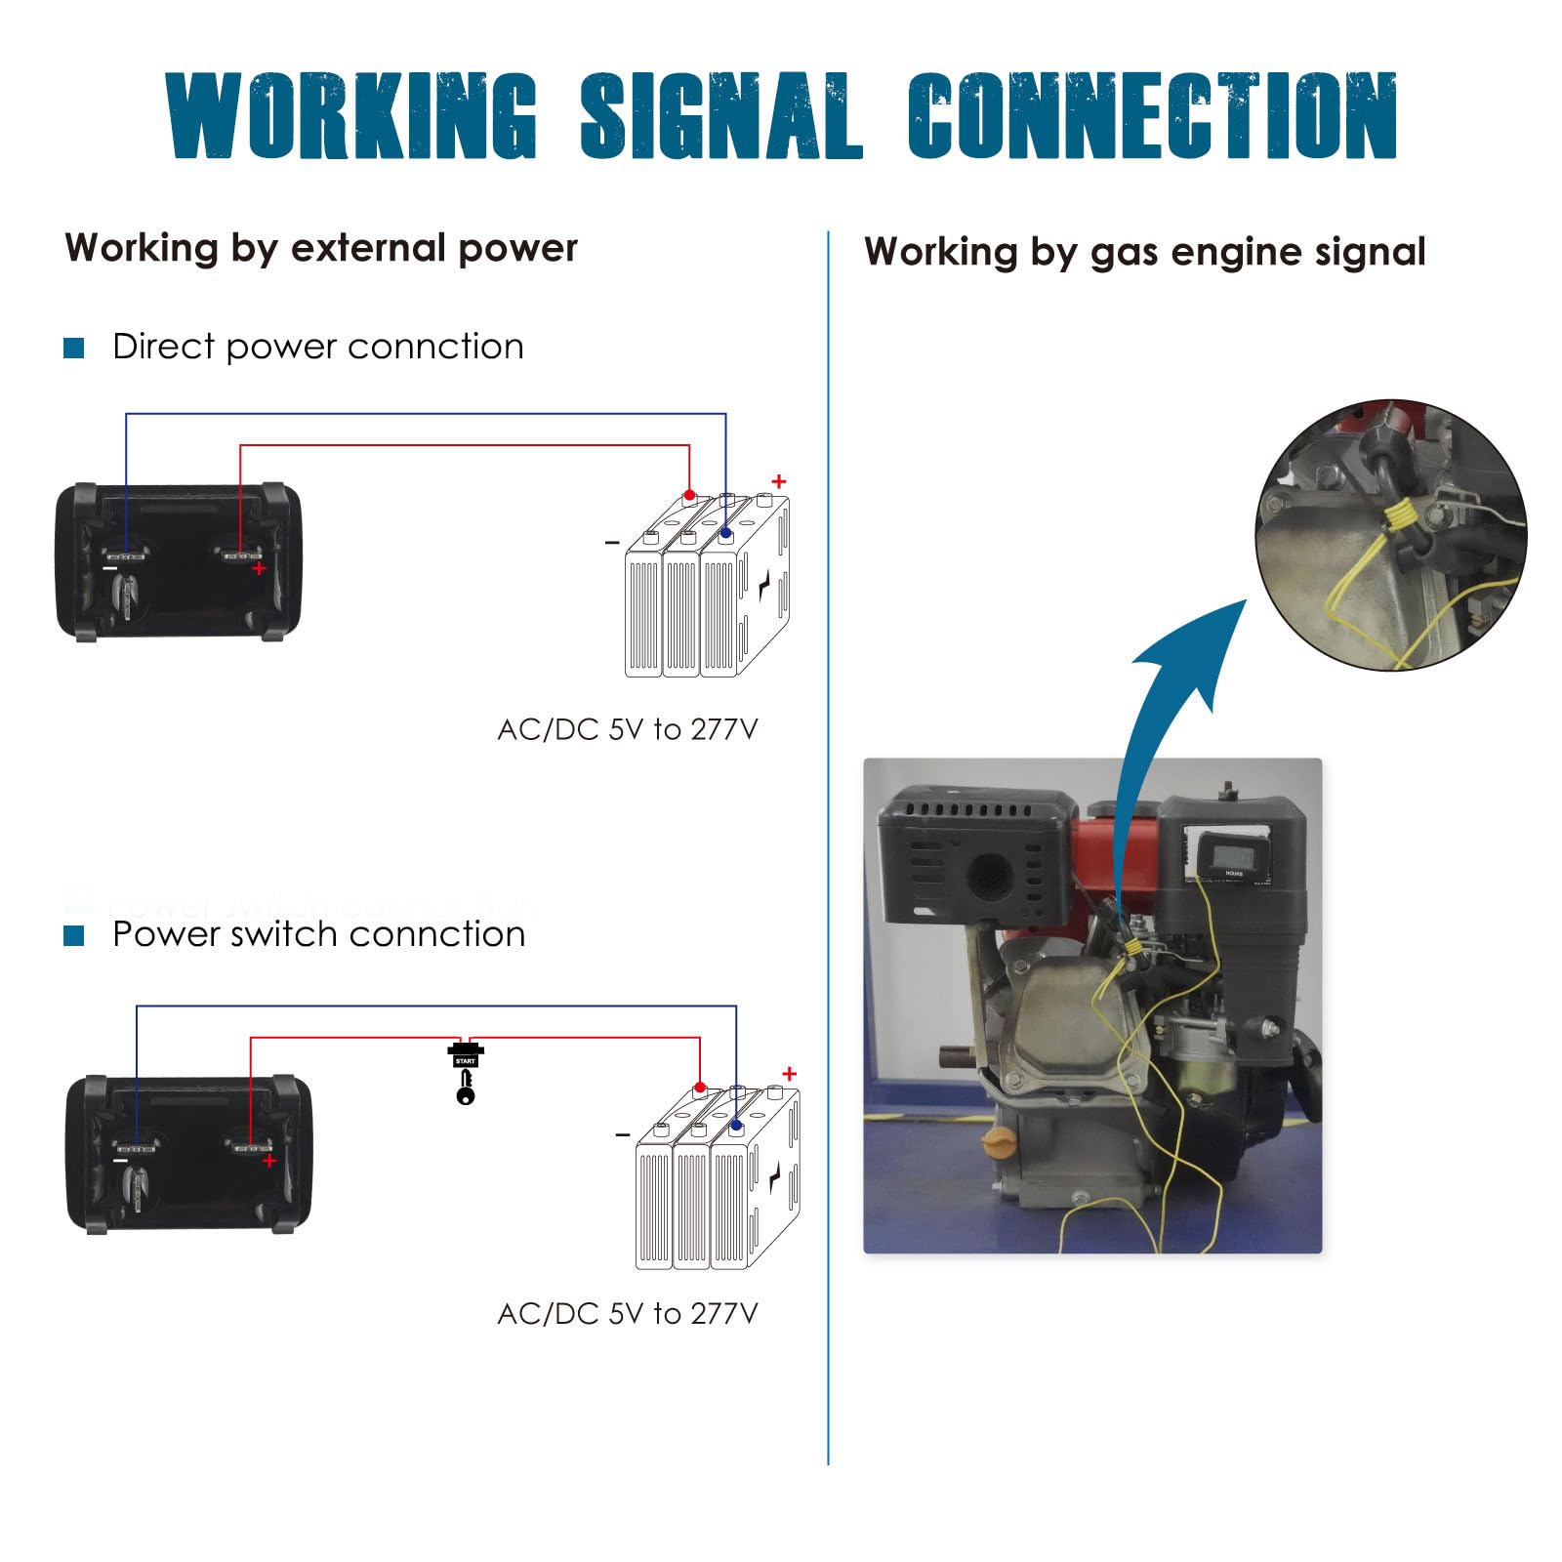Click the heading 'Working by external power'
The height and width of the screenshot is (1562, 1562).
click(321, 248)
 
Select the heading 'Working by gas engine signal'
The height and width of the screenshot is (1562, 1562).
click(1144, 252)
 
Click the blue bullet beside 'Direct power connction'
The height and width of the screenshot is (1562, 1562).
click(74, 348)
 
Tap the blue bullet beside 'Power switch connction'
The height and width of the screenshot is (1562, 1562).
click(74, 935)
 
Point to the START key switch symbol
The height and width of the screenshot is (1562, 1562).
click(466, 1074)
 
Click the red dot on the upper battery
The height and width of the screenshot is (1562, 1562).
click(689, 496)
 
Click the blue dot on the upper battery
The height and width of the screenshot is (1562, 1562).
click(725, 534)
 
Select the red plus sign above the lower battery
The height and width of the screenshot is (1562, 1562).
click(789, 1074)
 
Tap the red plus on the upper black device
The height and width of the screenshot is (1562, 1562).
click(259, 568)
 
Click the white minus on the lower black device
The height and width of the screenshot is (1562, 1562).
click(121, 1160)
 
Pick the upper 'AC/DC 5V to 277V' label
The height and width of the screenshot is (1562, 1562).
click(627, 729)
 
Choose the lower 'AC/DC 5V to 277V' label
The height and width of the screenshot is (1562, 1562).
click(627, 1313)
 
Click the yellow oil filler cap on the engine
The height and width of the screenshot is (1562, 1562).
click(998, 1142)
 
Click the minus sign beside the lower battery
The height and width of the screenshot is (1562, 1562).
click(622, 1134)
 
